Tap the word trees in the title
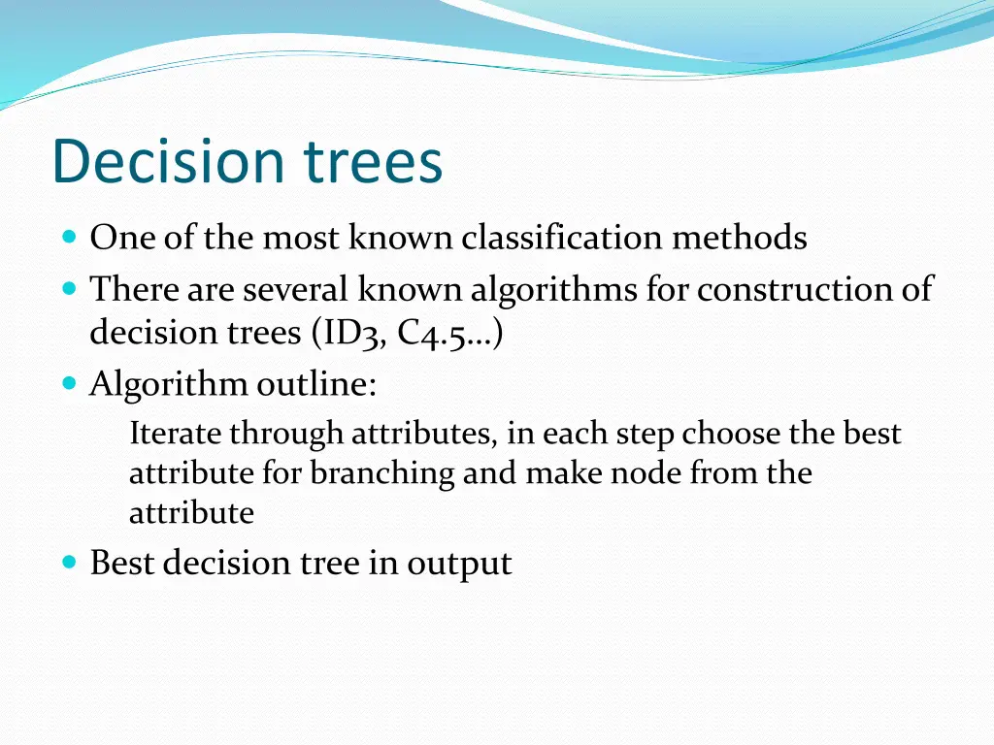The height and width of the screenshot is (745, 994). (x=373, y=163)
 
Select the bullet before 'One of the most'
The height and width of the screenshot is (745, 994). (x=69, y=237)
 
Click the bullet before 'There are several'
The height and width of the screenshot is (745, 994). (x=69, y=288)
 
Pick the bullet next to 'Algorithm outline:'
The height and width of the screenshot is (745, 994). (x=69, y=384)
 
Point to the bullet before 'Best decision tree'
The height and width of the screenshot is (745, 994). (x=69, y=562)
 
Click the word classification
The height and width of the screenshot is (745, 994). (x=564, y=238)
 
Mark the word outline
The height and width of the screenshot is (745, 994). (x=316, y=385)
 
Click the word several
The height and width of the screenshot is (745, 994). (x=297, y=289)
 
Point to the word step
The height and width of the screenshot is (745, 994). (x=645, y=435)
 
